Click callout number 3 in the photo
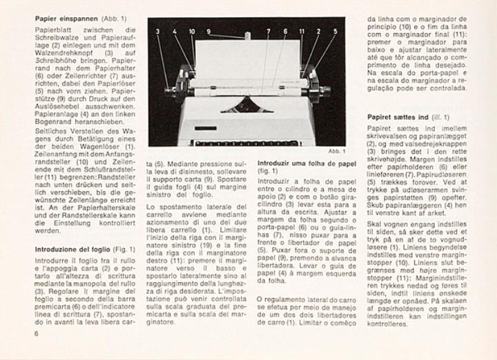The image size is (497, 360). click(157, 31)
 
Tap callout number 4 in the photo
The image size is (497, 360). click(175, 31)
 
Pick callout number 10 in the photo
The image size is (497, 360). click(191, 31)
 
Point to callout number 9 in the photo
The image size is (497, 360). click(208, 31)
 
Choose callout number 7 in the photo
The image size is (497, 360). click(269, 31)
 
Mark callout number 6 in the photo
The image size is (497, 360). click(285, 31)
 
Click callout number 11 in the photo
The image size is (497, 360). click(302, 31)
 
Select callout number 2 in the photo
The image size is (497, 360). click(318, 31)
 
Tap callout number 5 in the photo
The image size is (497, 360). click(335, 31)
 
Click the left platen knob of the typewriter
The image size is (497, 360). click(169, 90)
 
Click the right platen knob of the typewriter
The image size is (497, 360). click(324, 90)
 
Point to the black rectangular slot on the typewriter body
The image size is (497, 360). click(204, 128)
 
